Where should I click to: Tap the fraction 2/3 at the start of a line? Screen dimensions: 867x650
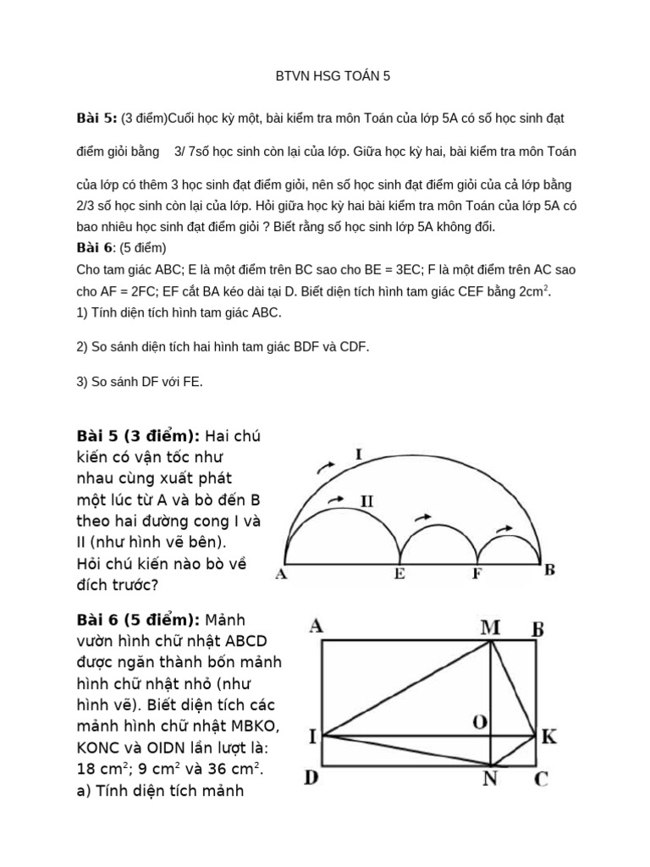[85, 206]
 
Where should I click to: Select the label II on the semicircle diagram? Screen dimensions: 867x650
[366, 501]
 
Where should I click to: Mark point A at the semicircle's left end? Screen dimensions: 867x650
[280, 574]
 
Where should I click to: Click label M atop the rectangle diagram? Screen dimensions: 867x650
[491, 627]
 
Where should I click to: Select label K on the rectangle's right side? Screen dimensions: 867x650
[548, 737]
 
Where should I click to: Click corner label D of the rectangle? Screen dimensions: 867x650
[311, 776]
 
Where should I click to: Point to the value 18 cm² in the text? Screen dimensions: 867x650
[102, 770]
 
